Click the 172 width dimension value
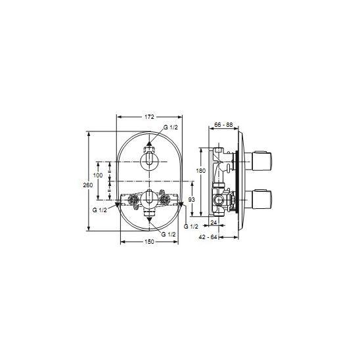[149, 117]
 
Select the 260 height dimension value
[88, 185]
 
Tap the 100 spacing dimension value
[98, 175]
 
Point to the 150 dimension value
[150, 242]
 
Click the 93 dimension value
[191, 200]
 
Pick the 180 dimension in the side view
[201, 171]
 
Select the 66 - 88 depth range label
[223, 125]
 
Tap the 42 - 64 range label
[208, 237]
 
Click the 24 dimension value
[214, 223]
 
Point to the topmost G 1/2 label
[171, 127]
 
